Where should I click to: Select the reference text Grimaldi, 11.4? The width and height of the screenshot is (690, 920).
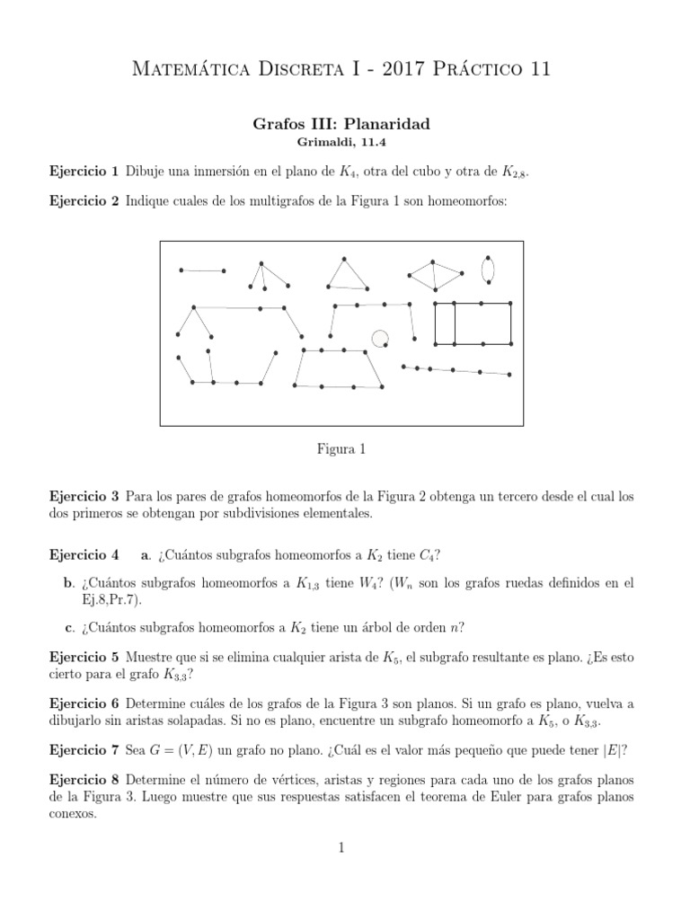(x=344, y=142)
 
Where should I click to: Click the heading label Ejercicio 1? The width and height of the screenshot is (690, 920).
(x=84, y=171)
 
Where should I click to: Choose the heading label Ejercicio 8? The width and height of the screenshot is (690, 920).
(x=84, y=777)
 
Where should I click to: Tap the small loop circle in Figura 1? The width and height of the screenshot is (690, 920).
(x=380, y=338)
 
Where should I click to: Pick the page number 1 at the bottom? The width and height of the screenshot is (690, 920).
(x=343, y=846)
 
